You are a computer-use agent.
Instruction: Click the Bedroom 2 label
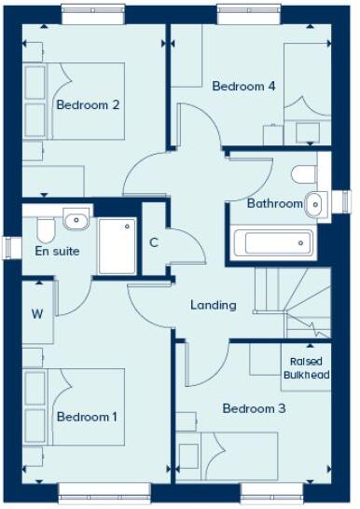[88, 105]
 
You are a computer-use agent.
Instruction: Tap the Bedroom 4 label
[243, 86]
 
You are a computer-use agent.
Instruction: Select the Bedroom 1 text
[87, 416]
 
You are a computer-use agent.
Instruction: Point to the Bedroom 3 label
[253, 408]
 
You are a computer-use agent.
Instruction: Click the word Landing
[213, 305]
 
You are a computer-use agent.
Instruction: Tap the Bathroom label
[274, 203]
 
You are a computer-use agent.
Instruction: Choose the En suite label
[57, 251]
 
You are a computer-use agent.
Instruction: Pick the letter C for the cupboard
[154, 244]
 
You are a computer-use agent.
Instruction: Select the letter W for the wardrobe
[37, 313]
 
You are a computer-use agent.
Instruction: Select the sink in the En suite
[75, 220]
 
